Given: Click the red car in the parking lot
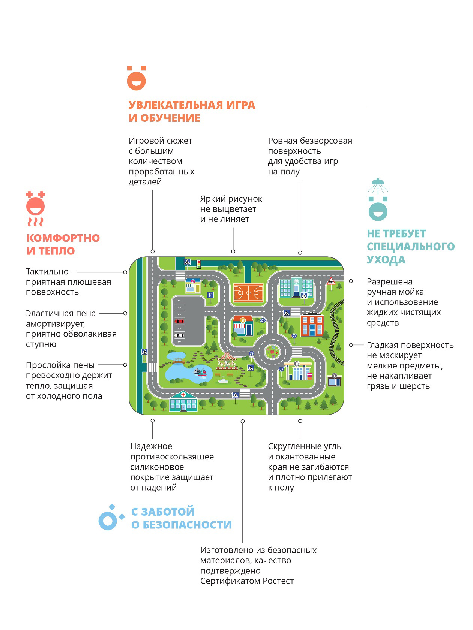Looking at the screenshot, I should [179, 321].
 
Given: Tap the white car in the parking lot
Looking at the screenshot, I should [179, 335].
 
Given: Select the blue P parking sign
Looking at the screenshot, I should [210, 295].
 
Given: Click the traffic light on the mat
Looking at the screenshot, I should [198, 264].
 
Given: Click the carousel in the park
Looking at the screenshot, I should [227, 359].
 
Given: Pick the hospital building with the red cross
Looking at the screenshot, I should [183, 401].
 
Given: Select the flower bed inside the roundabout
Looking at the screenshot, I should [272, 352].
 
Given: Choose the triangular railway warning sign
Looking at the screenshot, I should [331, 281].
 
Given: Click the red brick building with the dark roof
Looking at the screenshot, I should [312, 325].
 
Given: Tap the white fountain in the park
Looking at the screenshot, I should [223, 381].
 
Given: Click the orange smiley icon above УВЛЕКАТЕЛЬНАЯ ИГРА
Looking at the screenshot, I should [136, 78].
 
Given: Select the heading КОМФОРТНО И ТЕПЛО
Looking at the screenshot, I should [63, 244].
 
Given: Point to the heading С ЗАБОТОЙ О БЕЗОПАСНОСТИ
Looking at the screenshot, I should [182, 518].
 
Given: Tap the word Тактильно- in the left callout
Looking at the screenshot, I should [48, 272].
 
